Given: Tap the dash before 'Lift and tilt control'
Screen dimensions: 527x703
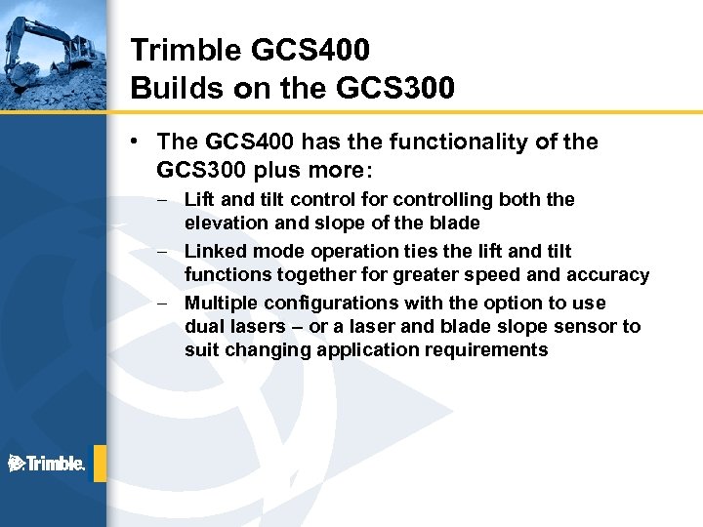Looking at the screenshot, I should tap(170, 200).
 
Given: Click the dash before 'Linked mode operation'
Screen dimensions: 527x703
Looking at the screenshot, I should tap(170, 252).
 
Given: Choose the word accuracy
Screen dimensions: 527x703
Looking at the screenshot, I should tap(608, 275).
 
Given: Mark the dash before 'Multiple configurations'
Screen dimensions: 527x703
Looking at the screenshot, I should tap(170, 304).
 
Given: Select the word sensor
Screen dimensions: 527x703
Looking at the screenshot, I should tap(587, 327).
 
